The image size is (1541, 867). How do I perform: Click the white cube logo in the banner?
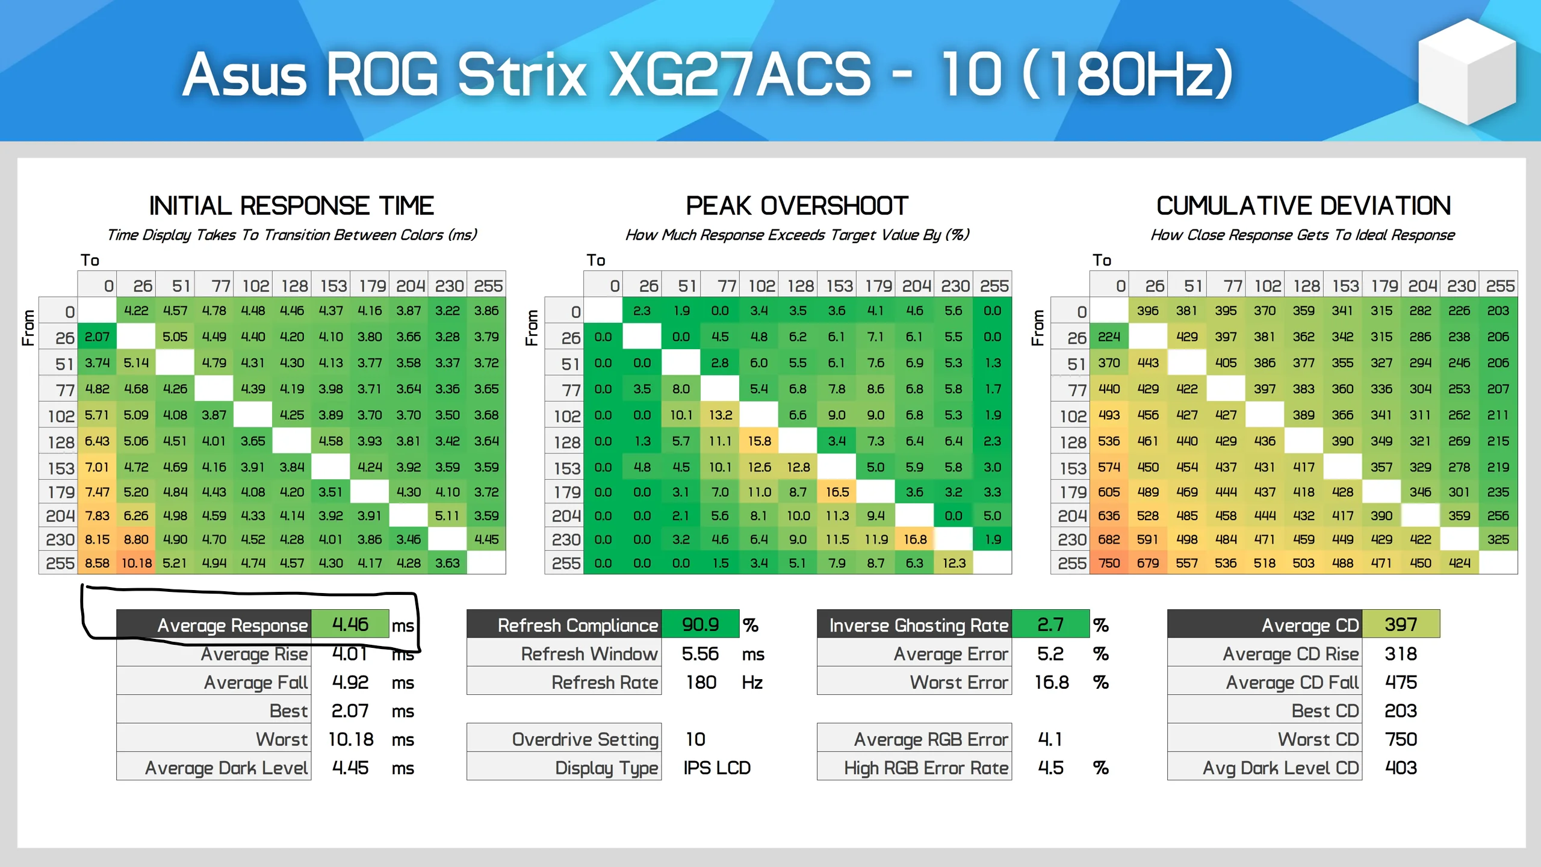tap(1466, 71)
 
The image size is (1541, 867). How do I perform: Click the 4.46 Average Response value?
tap(350, 624)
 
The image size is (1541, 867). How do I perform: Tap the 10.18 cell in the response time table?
tap(137, 564)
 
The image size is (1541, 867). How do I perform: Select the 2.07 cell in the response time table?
tap(97, 337)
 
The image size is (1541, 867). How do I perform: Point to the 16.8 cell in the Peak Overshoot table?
tap(914, 539)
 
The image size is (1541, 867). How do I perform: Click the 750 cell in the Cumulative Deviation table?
tap(1109, 564)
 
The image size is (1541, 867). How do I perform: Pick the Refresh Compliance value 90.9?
tap(700, 624)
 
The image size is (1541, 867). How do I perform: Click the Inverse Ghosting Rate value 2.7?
tap(1050, 624)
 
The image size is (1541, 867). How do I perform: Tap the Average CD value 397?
tap(1400, 624)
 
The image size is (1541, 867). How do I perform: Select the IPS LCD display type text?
tap(716, 768)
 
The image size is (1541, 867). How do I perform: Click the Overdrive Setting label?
tap(584, 739)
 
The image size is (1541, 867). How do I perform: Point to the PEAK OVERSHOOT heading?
tap(796, 206)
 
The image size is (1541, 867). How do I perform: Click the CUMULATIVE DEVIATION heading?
tap(1303, 206)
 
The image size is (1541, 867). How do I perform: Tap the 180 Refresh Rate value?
tap(701, 682)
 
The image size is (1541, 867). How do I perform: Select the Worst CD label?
tap(1318, 739)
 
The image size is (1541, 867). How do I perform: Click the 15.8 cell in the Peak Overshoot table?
tap(759, 441)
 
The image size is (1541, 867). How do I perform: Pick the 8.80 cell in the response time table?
tap(136, 539)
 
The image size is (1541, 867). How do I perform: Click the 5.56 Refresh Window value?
tap(700, 654)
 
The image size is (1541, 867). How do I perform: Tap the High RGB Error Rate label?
tap(925, 768)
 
